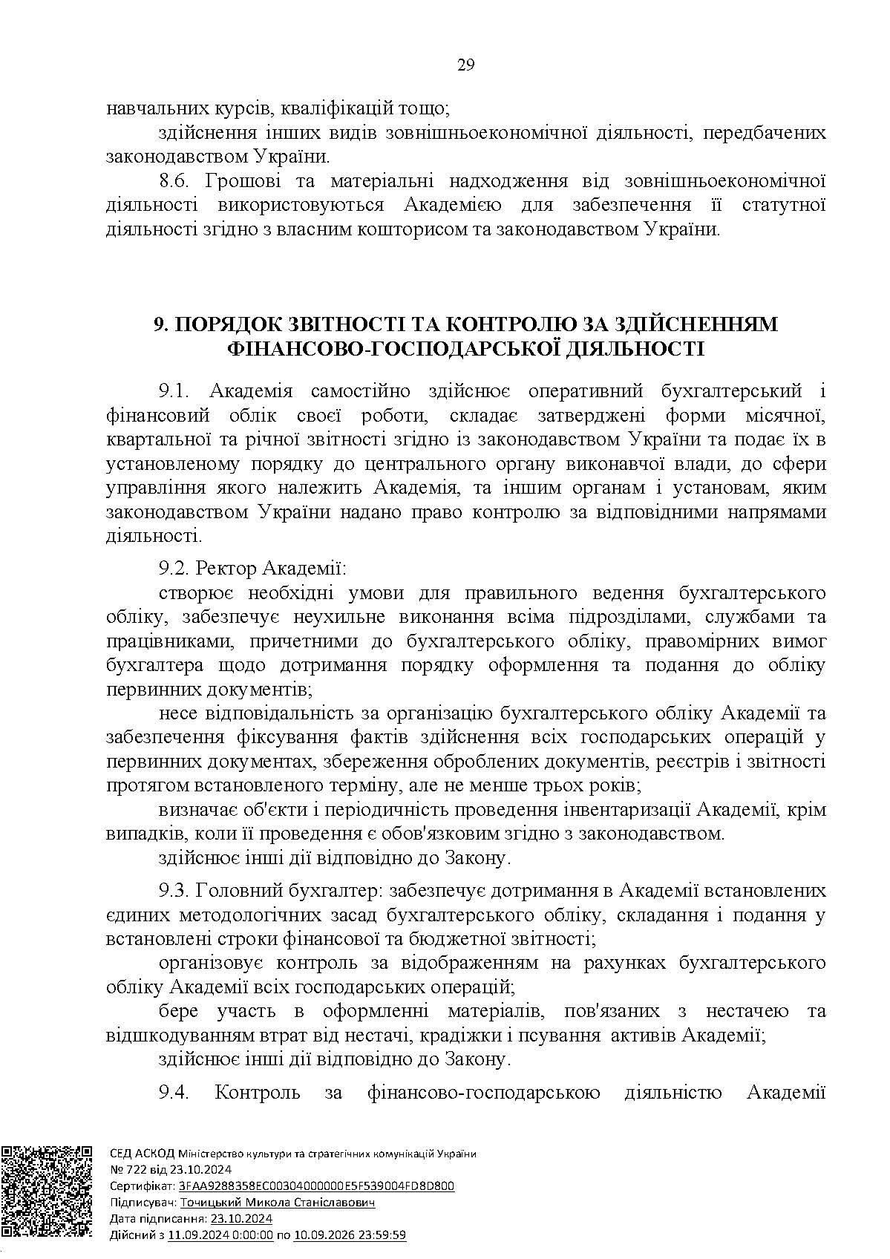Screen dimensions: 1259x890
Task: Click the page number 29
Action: click(x=465, y=65)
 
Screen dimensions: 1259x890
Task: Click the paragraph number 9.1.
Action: click(x=175, y=391)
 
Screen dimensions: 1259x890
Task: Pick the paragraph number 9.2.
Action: click(x=175, y=569)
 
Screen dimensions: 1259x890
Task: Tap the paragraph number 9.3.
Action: click(x=175, y=890)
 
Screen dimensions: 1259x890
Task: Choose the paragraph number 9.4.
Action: click(x=175, y=1093)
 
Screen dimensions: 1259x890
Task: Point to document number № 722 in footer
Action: click(x=126, y=1170)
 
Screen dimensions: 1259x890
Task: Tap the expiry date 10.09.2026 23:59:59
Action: click(x=350, y=1235)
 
